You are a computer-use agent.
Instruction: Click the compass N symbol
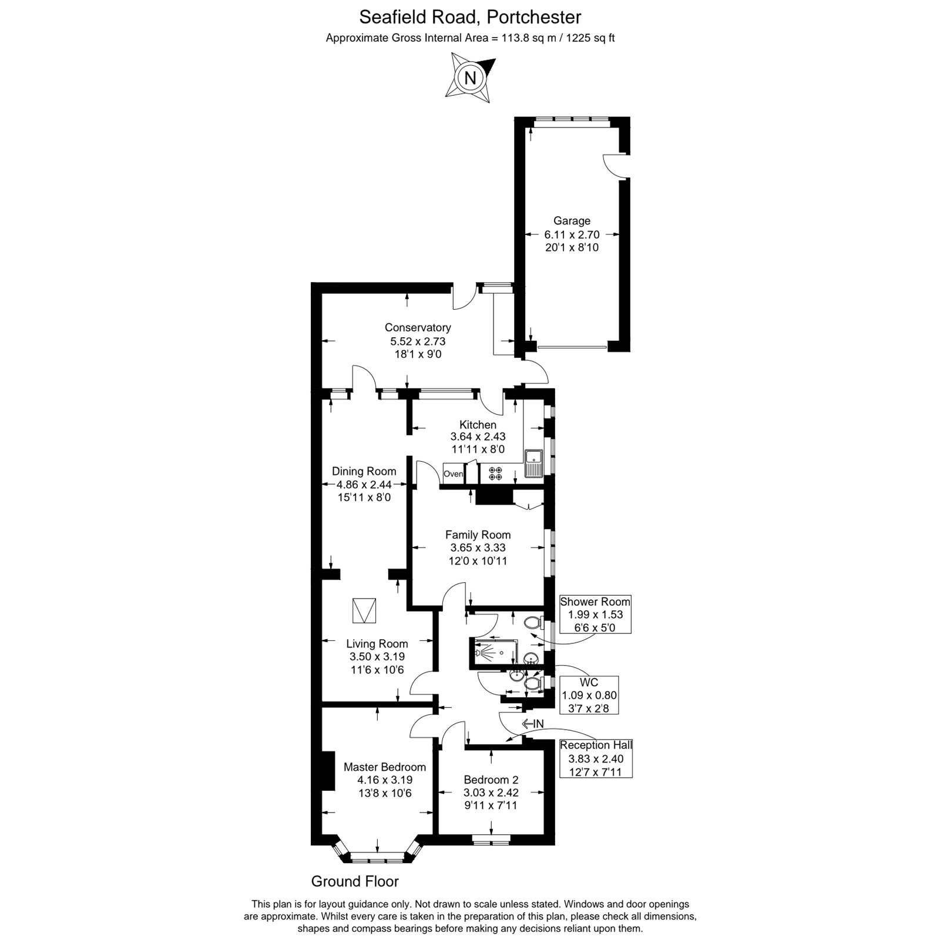(x=471, y=78)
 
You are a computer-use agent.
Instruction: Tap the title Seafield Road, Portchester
(x=470, y=17)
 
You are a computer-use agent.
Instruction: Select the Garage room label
(x=572, y=221)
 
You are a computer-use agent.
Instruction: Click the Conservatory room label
(x=418, y=328)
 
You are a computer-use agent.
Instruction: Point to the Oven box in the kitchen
(x=453, y=474)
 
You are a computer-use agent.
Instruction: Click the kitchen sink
(x=534, y=464)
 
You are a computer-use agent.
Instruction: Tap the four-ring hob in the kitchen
(x=495, y=474)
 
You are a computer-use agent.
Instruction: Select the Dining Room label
(x=364, y=471)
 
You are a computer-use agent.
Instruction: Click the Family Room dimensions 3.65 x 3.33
(x=478, y=548)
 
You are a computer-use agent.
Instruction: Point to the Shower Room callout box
(x=595, y=615)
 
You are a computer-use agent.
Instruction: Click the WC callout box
(x=589, y=695)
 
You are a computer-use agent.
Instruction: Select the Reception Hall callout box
(x=596, y=758)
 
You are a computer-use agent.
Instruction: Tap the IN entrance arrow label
(x=533, y=724)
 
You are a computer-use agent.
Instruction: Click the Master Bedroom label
(x=385, y=767)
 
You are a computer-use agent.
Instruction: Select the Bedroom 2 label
(x=491, y=780)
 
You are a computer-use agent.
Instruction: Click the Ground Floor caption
(x=355, y=881)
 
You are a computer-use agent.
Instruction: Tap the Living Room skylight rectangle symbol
(x=364, y=611)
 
